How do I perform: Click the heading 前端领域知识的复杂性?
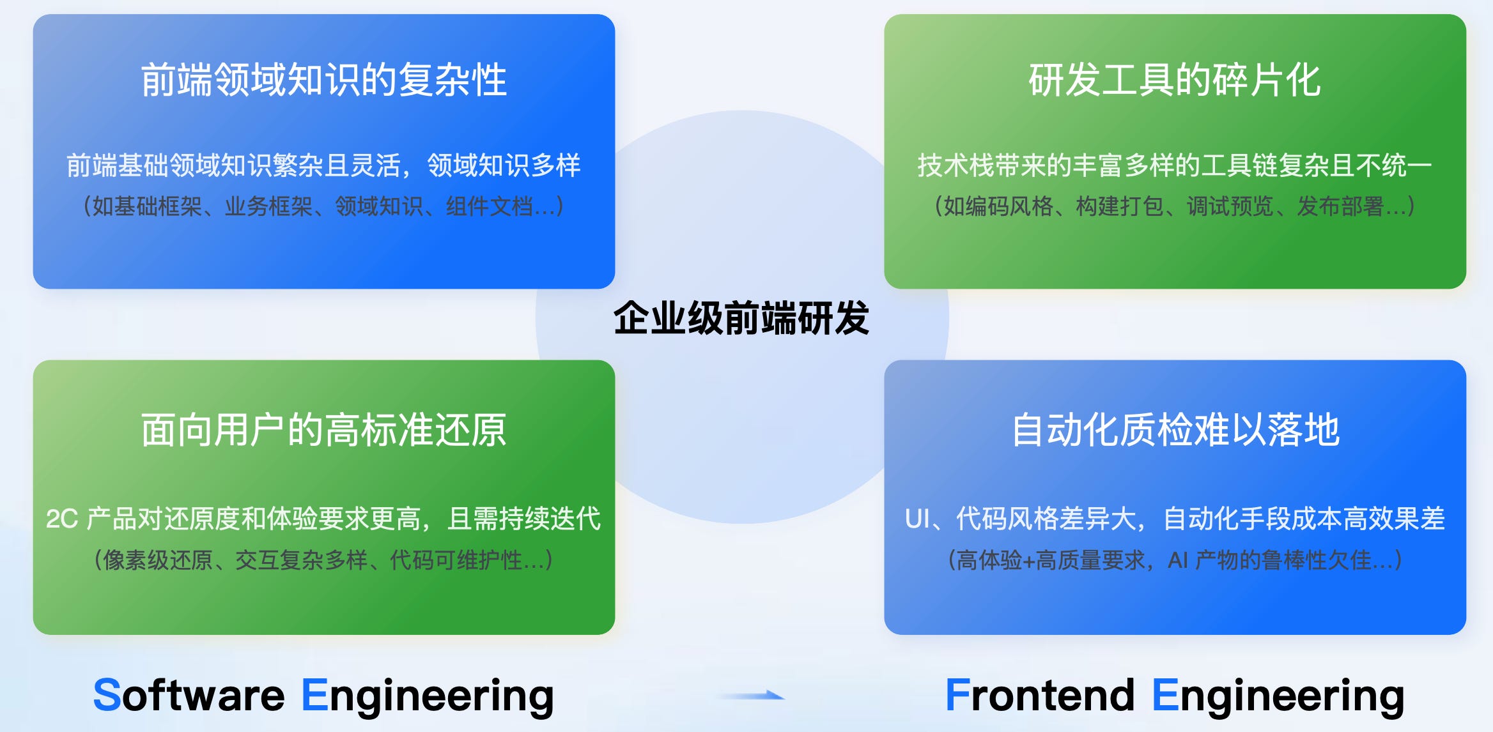tap(323, 80)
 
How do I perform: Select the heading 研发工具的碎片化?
tap(1174, 80)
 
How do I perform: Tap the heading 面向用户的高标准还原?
tap(323, 430)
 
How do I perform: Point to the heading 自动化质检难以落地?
tap(1175, 430)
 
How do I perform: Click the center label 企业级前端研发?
tap(741, 318)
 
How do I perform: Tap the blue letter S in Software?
tap(107, 695)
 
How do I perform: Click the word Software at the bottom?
tap(189, 695)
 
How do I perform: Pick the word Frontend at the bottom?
tap(1040, 695)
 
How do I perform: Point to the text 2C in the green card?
tap(61, 519)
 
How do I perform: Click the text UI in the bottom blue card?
tap(918, 519)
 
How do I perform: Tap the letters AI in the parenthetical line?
tap(1177, 560)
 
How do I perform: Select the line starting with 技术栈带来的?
tap(1174, 165)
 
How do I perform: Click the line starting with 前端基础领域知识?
tap(323, 165)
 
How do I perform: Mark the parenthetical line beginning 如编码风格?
tap(1174, 206)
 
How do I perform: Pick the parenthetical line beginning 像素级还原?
tap(323, 560)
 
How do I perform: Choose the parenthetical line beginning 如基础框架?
tap(323, 206)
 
